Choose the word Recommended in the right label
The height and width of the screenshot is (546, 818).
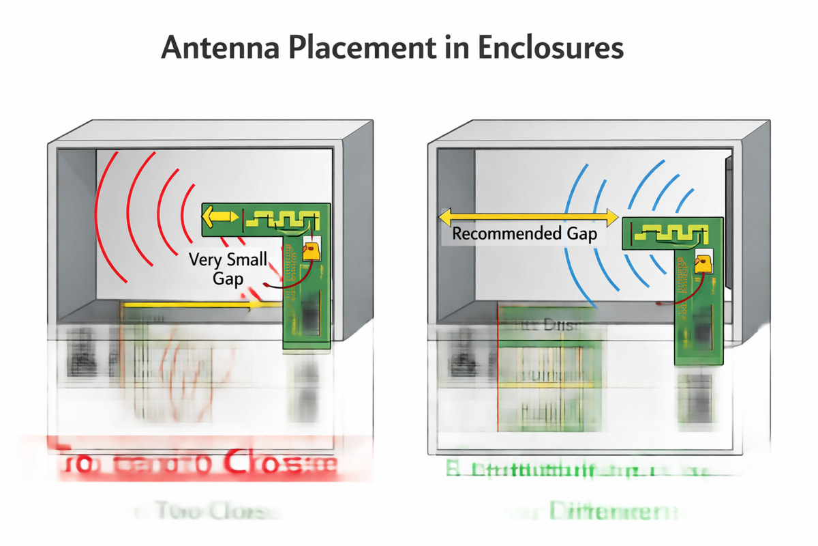click(505, 234)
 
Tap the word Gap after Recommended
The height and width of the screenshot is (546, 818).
click(581, 234)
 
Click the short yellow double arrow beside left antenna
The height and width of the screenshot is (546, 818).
click(220, 218)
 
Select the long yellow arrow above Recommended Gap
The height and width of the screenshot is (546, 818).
click(528, 218)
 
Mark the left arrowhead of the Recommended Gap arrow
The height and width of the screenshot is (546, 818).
click(444, 218)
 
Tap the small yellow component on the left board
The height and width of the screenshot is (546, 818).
click(312, 250)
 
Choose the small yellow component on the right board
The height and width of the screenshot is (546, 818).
click(702, 263)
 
